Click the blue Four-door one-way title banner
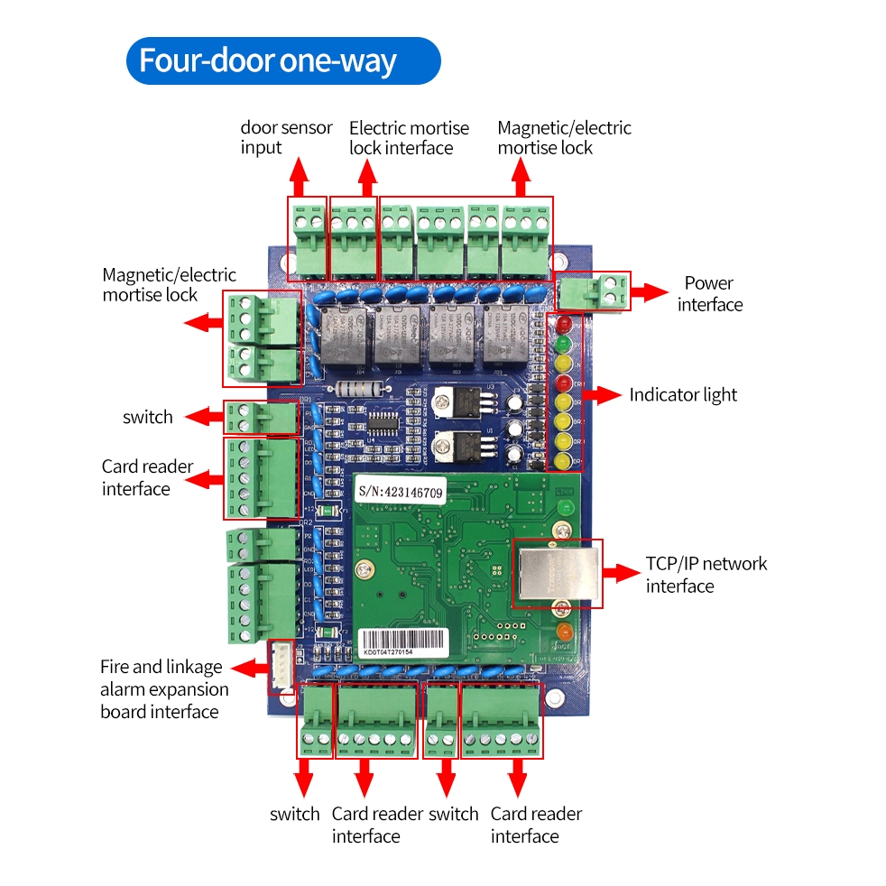click(x=282, y=60)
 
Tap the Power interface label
click(x=710, y=294)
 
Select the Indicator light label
click(x=683, y=395)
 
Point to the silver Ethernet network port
click(x=556, y=572)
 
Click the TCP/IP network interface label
click(x=706, y=575)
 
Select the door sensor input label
click(x=286, y=137)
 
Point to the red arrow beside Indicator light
click(x=603, y=395)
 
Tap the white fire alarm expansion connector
click(x=281, y=667)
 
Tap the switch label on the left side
click(x=147, y=417)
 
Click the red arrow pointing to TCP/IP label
click(x=622, y=573)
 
